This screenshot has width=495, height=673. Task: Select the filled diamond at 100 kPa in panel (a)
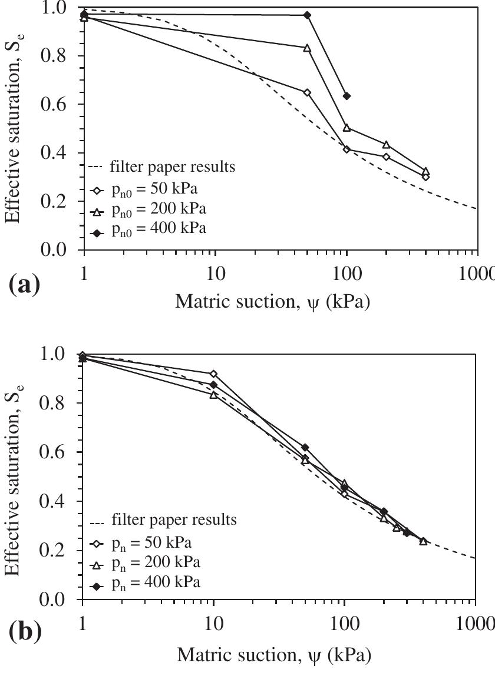click(x=346, y=96)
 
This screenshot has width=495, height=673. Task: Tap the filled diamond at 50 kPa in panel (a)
click(x=307, y=15)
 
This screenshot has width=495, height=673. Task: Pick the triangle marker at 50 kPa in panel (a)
click(x=307, y=48)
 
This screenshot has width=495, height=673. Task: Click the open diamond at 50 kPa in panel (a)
click(x=307, y=92)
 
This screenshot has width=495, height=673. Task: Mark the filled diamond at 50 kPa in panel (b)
click(x=305, y=448)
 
